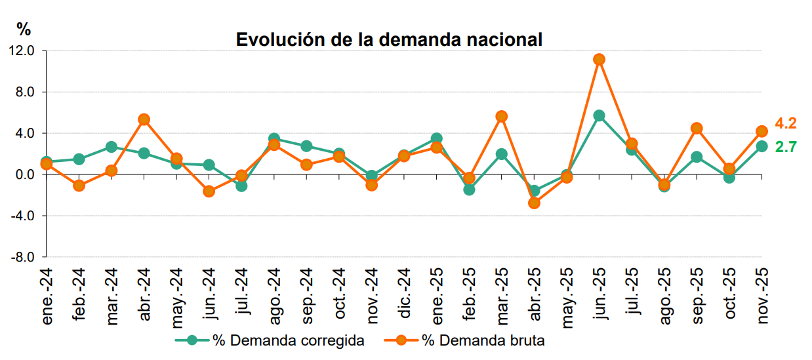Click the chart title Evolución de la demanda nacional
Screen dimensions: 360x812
pyautogui.click(x=389, y=39)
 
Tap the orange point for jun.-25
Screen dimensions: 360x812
pyautogui.click(x=599, y=60)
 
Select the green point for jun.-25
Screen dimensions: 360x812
pyautogui.click(x=599, y=115)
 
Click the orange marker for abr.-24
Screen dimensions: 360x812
pyautogui.click(x=144, y=119)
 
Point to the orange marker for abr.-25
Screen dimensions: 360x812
pyautogui.click(x=534, y=203)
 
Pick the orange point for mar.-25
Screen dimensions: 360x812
pyautogui.click(x=502, y=117)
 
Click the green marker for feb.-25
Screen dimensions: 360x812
pyautogui.click(x=469, y=190)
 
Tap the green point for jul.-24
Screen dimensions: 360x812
pyautogui.click(x=241, y=186)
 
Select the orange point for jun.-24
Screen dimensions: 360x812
pyautogui.click(x=209, y=191)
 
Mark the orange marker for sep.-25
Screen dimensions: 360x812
pyautogui.click(x=697, y=129)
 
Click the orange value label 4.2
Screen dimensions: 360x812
pyautogui.click(x=786, y=123)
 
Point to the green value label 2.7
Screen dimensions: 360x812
pyautogui.click(x=786, y=147)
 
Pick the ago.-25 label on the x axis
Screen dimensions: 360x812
pyautogui.click(x=664, y=294)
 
